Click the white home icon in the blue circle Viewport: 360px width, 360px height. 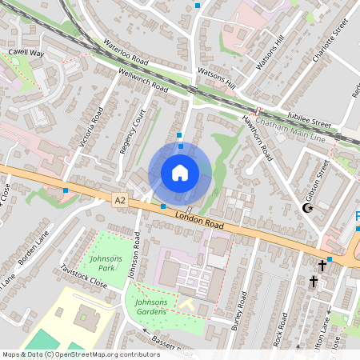(x=180, y=173)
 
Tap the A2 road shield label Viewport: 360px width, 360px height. (x=120, y=200)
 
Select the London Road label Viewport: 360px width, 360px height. (x=196, y=218)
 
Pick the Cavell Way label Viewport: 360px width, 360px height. (x=26, y=52)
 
